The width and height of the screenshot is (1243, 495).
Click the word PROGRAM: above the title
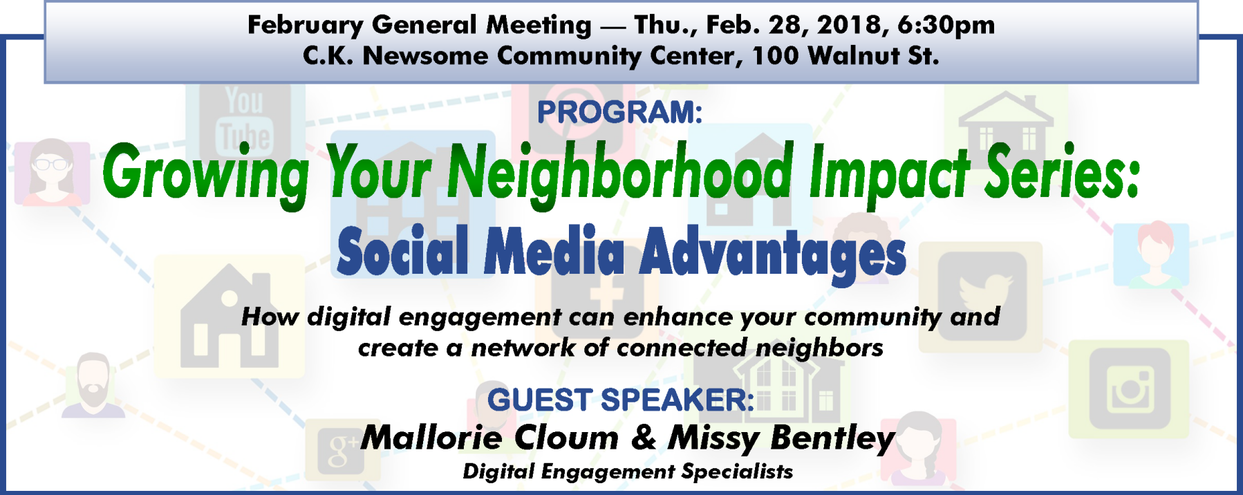click(x=619, y=112)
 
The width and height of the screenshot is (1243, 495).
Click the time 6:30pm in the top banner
click(x=946, y=25)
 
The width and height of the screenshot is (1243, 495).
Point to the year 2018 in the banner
click(x=849, y=25)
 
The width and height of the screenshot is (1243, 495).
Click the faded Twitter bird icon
click(x=982, y=296)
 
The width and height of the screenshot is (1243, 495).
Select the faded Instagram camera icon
click(x=1130, y=389)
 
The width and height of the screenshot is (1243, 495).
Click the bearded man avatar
click(x=93, y=385)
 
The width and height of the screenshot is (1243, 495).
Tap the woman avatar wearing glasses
click(x=51, y=171)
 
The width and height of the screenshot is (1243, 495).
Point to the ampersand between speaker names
click(x=644, y=438)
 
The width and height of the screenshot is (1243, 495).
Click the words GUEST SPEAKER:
click(x=620, y=400)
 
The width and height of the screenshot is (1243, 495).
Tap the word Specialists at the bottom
click(x=737, y=472)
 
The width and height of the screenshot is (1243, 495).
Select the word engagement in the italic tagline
click(x=480, y=318)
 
